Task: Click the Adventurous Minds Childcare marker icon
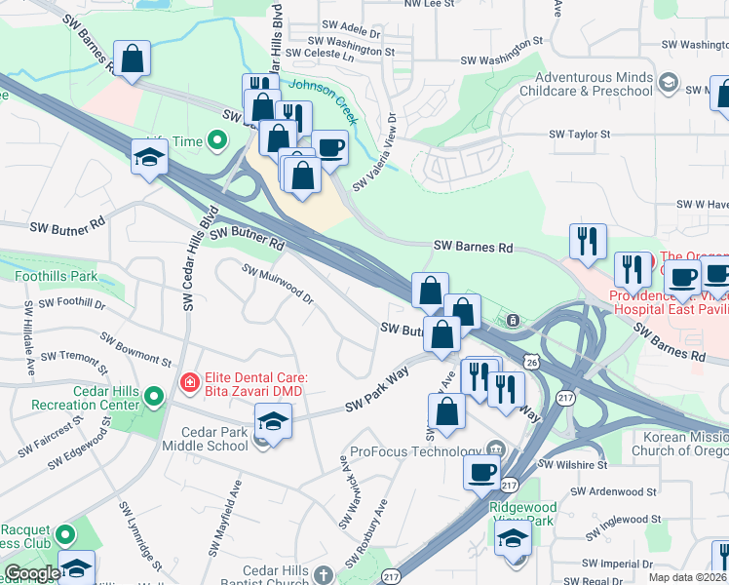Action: [669, 83]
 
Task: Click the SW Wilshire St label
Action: [574, 465]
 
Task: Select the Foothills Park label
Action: [56, 276]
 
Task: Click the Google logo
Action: [32, 573]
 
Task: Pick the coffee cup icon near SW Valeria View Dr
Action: [329, 148]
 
